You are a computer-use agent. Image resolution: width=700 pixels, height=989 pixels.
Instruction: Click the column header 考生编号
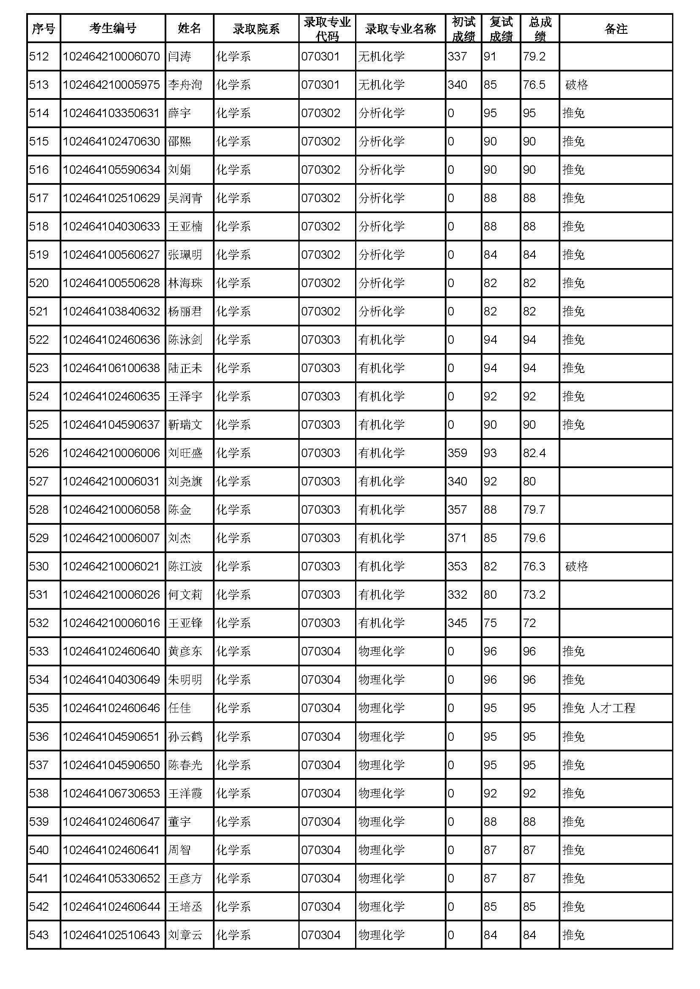[113, 29]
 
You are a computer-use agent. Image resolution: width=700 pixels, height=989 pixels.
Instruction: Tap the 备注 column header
[615, 29]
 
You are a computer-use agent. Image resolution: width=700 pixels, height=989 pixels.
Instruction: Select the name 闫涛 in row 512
[179, 56]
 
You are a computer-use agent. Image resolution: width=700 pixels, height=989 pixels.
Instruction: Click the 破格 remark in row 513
[576, 85]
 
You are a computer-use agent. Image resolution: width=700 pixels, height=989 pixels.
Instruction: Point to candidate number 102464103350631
[111, 113]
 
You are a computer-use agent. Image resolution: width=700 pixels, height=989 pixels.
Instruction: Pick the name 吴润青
[185, 198]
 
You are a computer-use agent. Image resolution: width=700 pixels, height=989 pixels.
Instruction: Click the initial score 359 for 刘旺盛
[457, 453]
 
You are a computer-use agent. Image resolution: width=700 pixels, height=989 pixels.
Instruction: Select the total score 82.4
[534, 453]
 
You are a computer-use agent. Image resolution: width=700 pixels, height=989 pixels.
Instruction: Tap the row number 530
[39, 567]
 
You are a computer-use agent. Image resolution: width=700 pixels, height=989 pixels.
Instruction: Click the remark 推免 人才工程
[598, 708]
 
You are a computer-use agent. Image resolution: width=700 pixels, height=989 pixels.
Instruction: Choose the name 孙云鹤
[185, 737]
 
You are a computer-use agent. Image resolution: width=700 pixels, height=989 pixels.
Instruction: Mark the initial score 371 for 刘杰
[457, 538]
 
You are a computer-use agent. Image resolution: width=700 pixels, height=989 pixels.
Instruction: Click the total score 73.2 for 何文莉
[534, 595]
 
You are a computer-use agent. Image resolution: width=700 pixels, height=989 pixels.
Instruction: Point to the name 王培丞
[185, 907]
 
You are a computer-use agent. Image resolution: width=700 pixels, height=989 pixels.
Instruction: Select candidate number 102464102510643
[111, 935]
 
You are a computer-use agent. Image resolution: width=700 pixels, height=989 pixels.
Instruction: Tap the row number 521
[39, 312]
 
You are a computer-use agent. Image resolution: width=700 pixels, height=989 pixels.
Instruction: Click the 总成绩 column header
[540, 29]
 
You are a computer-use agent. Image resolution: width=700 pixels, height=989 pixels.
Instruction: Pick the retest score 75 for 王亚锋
[490, 623]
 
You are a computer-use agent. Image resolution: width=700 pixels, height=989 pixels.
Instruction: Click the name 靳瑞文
[185, 425]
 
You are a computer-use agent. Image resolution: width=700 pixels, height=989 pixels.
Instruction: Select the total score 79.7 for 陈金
[534, 510]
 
